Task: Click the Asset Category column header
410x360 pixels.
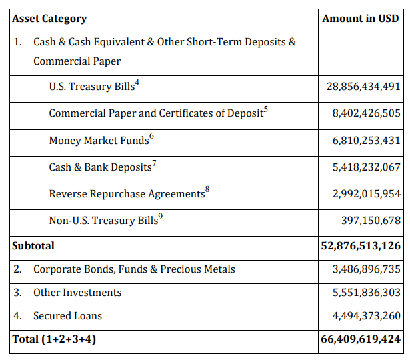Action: (x=49, y=19)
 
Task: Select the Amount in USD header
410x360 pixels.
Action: (x=360, y=19)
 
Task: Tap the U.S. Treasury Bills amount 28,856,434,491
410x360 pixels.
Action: (x=363, y=87)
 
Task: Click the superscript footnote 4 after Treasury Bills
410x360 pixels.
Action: (x=137, y=83)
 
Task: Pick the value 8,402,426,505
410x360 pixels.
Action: (x=366, y=113)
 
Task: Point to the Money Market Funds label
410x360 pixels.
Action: (x=99, y=141)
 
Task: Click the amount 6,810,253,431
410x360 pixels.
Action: (x=366, y=141)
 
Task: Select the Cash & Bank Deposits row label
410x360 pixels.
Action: (x=100, y=167)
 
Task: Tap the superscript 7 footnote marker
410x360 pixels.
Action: (x=154, y=163)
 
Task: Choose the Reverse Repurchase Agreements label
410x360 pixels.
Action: (x=127, y=194)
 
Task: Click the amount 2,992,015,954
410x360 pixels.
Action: (x=366, y=194)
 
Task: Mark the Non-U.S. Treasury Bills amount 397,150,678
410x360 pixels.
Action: (x=371, y=221)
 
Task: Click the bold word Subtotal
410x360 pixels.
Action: (x=33, y=246)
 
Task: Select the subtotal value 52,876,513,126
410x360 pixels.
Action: (x=361, y=246)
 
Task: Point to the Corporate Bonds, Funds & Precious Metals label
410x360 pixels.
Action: (x=134, y=269)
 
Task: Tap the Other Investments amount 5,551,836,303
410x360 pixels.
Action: (x=366, y=293)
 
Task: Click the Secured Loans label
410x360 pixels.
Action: (x=67, y=316)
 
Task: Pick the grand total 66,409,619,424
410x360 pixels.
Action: (x=361, y=339)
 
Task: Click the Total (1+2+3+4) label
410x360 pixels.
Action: (x=54, y=339)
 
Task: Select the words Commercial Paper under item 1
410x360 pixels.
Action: (x=77, y=61)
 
